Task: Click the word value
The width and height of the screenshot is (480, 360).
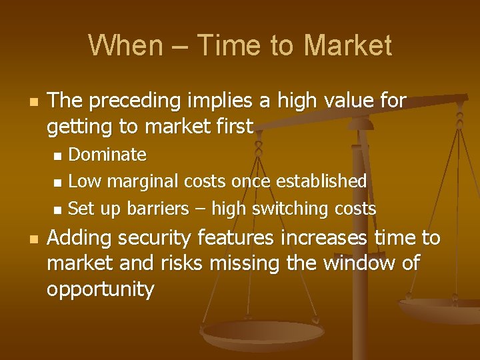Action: [350, 101]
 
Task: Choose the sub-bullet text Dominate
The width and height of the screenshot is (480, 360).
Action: [107, 155]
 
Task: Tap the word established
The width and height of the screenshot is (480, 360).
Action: [321, 181]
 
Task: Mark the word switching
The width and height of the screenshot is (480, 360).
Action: [291, 209]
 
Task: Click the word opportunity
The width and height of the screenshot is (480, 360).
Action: [101, 289]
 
